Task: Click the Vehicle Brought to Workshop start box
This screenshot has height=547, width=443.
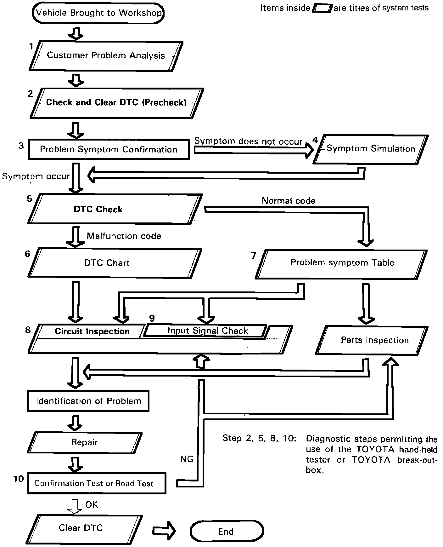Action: pos(98,13)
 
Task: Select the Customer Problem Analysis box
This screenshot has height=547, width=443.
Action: pos(106,56)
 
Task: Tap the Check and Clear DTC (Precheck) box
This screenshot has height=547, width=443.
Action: pos(116,103)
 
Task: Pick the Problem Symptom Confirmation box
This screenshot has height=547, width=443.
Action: pos(109,149)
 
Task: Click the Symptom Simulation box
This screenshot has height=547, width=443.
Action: pos(371,149)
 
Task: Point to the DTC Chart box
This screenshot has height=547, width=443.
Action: pos(107,263)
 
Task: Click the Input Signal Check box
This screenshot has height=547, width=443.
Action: pos(207,331)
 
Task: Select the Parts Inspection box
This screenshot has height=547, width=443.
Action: pos(374,340)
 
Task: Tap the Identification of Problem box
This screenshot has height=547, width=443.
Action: pos(88,401)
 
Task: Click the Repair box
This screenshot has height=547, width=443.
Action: pos(84,442)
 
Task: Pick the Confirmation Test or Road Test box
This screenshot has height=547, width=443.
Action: pos(94,483)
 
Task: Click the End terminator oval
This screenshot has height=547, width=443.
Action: pos(226,532)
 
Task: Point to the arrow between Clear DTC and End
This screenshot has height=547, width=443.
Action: pos(164,531)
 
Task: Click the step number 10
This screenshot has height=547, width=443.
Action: pos(19,479)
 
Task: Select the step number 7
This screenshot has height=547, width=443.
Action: pos(254,256)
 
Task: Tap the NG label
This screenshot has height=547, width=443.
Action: pos(187,459)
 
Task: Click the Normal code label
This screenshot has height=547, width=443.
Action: pos(289,201)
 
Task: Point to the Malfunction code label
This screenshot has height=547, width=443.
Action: pos(124,236)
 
